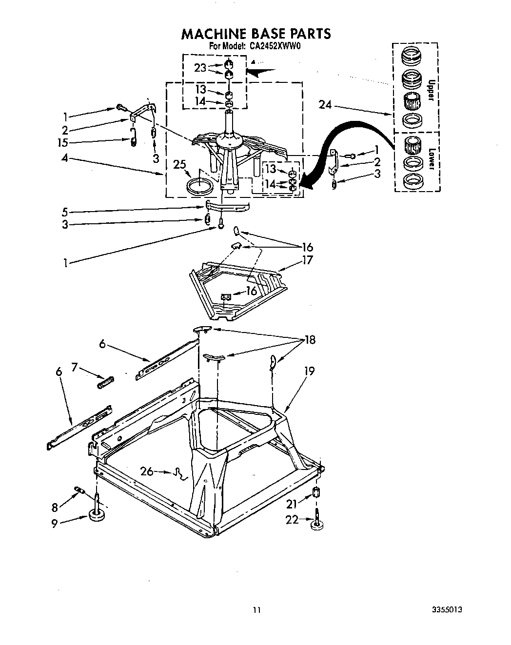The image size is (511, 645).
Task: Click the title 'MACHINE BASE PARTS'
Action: [256, 34]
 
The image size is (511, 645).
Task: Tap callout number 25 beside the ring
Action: [180, 165]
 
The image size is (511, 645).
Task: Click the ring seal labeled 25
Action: [200, 186]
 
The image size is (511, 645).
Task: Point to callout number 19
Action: [309, 371]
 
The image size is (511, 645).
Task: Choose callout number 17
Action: [307, 260]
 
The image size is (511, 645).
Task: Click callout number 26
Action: [147, 471]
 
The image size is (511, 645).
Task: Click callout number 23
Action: [200, 68]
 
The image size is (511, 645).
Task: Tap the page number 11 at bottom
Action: [257, 609]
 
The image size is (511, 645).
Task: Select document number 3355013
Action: [447, 609]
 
